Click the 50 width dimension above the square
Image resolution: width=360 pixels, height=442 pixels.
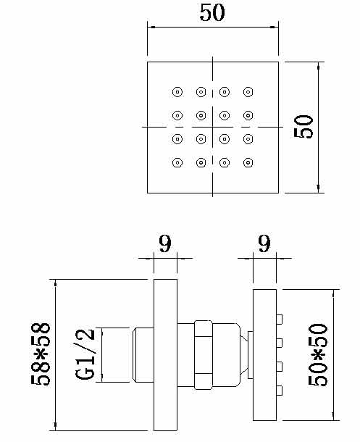coord(212,13)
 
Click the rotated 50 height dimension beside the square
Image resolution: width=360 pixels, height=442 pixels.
coord(304,127)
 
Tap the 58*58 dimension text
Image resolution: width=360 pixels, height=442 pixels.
coord(41,354)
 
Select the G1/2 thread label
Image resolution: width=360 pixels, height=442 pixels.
coord(85,354)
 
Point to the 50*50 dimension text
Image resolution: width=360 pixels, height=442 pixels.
coord(318,355)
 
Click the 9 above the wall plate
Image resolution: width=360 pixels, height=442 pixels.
coord(165,243)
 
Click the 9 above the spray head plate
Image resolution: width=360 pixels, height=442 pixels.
coord(264,243)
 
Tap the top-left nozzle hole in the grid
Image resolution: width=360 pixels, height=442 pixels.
coord(177,92)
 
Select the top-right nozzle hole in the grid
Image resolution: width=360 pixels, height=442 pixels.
coord(248,92)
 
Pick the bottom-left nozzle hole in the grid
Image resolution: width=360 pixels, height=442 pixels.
coord(177,162)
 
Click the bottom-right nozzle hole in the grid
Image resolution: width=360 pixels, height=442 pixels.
coord(248,162)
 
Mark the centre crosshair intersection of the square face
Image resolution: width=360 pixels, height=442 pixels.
coord(213,127)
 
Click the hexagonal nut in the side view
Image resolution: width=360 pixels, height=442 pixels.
coord(204,355)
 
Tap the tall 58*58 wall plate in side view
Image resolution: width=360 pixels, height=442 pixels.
coord(165,355)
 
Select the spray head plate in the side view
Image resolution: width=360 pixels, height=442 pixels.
coord(264,355)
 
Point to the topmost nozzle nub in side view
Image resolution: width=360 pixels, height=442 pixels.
coord(280,320)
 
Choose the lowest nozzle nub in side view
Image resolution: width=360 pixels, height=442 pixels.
coord(280,390)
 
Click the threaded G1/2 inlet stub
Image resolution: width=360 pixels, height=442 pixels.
coord(143,355)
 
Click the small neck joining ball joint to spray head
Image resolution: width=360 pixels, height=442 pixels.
coord(250,355)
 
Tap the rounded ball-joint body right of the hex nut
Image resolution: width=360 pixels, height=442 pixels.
coord(227,355)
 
